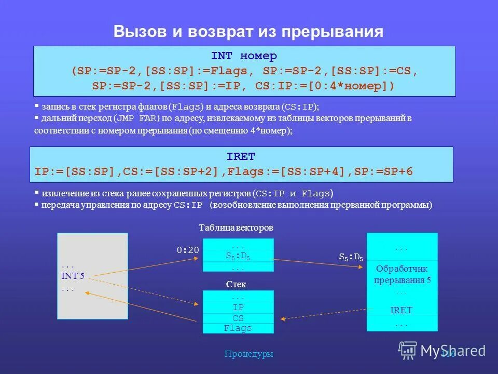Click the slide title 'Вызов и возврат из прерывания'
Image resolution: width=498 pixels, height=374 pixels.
[x=248, y=32]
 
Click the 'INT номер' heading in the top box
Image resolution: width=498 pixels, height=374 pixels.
[x=244, y=56]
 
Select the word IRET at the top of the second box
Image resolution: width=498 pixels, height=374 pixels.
[x=241, y=156]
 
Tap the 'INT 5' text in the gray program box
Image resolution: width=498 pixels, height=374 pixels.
[x=73, y=276]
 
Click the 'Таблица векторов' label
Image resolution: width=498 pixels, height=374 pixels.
[x=236, y=228]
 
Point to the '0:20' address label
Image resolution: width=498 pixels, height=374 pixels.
[x=188, y=250]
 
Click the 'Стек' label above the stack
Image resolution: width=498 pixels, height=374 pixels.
[x=236, y=285]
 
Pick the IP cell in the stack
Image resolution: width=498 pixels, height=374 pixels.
[x=238, y=308]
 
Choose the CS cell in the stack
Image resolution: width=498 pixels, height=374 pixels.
[x=238, y=318]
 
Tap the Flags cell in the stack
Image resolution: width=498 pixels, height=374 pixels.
[x=238, y=328]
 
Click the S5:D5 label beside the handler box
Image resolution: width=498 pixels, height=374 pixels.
[x=351, y=256]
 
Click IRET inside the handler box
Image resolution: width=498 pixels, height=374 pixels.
[x=402, y=310]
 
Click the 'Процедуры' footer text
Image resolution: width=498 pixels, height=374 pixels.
[x=248, y=354]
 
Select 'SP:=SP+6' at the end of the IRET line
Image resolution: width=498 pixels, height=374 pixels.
[x=384, y=171]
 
